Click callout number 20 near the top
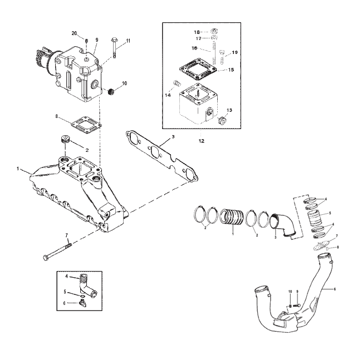(74, 33)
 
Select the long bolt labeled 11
(114, 48)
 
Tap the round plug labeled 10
(111, 92)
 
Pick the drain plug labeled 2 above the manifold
(65, 140)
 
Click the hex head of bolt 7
(46, 257)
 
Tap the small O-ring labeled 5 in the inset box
(83, 296)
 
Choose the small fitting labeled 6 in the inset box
(82, 303)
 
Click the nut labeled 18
(214, 31)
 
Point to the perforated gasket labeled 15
(198, 70)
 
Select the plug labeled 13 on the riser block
(222, 120)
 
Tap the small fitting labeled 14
(177, 83)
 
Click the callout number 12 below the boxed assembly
(201, 141)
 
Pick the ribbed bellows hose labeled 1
(231, 216)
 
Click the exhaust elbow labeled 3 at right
(282, 225)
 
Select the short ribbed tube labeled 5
(315, 218)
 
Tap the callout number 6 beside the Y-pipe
(335, 289)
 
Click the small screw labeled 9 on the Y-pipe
(296, 305)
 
